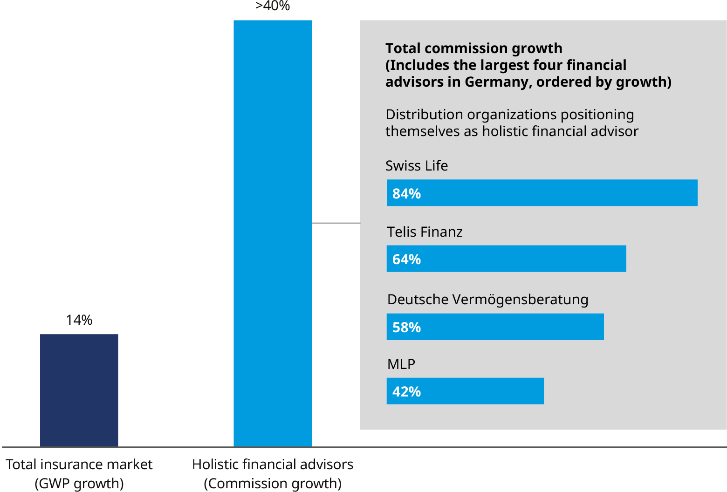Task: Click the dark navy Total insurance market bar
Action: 79,390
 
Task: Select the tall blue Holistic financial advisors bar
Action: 273,233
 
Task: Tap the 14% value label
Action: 79,320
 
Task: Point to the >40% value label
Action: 273,6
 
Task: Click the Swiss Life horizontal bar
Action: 542,193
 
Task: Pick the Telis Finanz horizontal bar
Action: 507,259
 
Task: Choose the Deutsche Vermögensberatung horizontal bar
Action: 495,327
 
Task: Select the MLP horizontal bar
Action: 465,391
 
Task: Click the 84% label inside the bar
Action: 406,193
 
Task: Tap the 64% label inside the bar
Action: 406,259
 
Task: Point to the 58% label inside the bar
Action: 406,327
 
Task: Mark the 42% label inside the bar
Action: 406,391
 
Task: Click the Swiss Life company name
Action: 417,166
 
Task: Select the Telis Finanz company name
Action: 425,232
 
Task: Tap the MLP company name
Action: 401,364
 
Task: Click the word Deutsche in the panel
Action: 418,299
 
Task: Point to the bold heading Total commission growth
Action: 474,48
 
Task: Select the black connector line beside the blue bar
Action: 336,223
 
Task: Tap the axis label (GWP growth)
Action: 79,483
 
